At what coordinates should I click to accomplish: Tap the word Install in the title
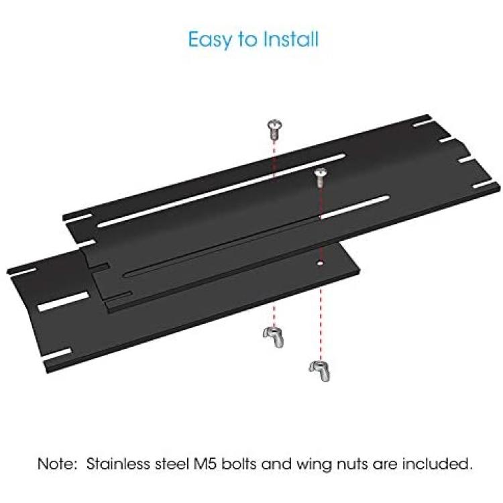[x=290, y=39]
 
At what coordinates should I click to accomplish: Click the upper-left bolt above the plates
[x=274, y=129]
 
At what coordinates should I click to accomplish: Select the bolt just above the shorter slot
[x=321, y=177]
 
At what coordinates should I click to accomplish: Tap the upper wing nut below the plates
[x=274, y=337]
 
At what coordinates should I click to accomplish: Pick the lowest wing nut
[x=319, y=371]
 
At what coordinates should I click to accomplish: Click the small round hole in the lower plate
[x=319, y=263]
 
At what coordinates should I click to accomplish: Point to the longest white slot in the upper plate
[x=221, y=190]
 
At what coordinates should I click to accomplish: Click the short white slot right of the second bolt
[x=355, y=207]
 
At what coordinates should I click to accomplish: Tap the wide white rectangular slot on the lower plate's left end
[x=63, y=302]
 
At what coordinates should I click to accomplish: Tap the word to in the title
[x=247, y=40]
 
